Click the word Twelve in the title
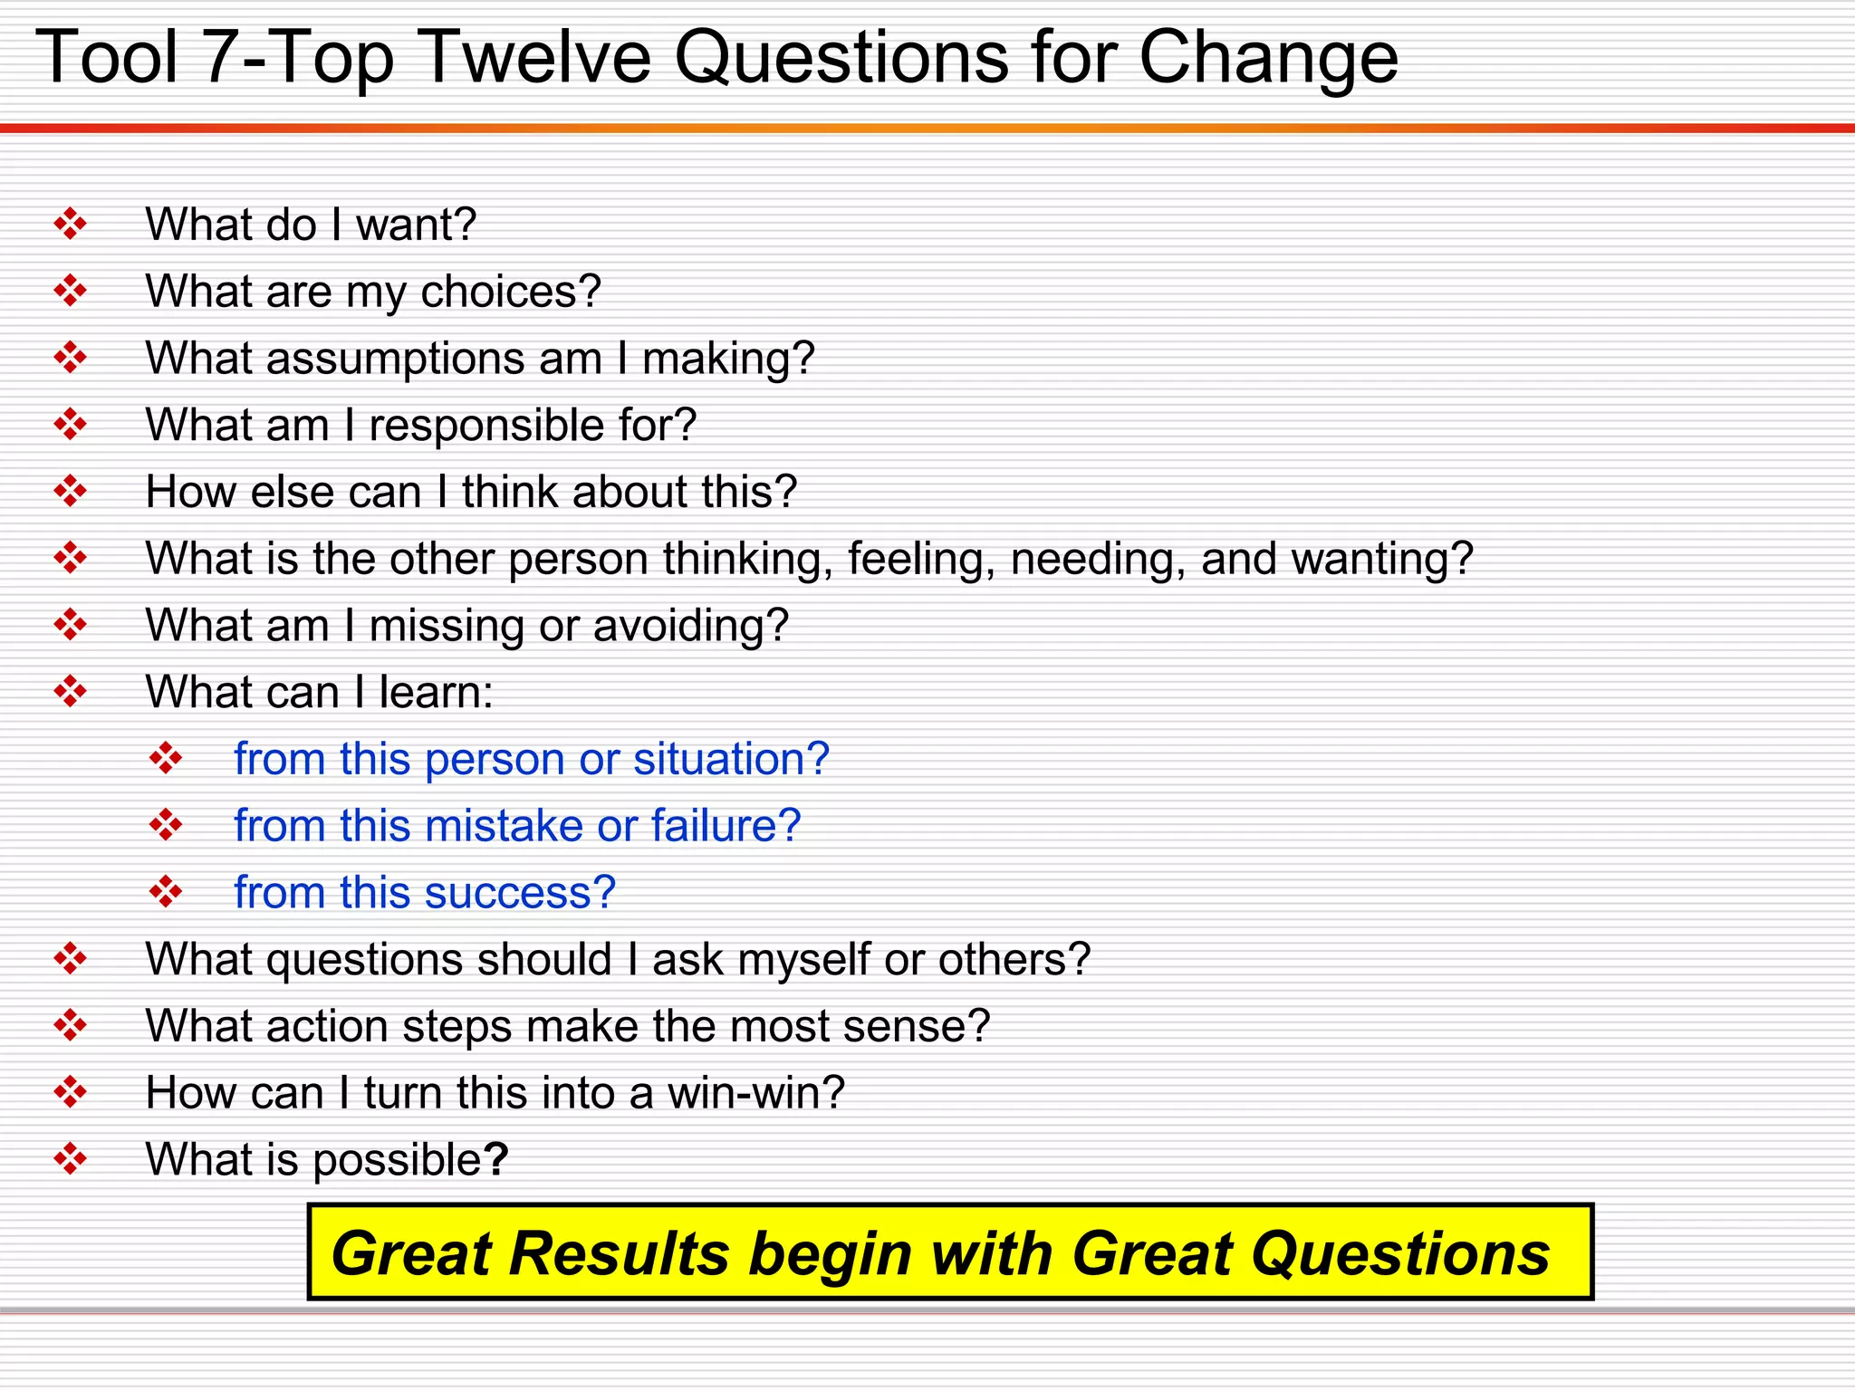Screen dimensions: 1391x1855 (x=535, y=58)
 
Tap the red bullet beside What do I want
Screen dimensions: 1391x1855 (x=70, y=224)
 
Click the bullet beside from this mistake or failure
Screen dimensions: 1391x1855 (x=166, y=825)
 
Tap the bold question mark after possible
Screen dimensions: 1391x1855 (x=495, y=1159)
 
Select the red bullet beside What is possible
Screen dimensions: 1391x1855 (x=70, y=1158)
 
